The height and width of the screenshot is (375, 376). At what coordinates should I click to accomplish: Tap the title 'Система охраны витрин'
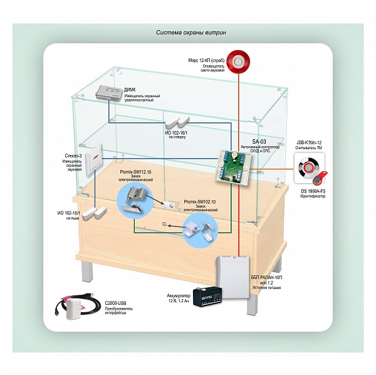(x=188, y=33)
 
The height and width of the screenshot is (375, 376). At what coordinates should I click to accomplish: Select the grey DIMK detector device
(x=110, y=93)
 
